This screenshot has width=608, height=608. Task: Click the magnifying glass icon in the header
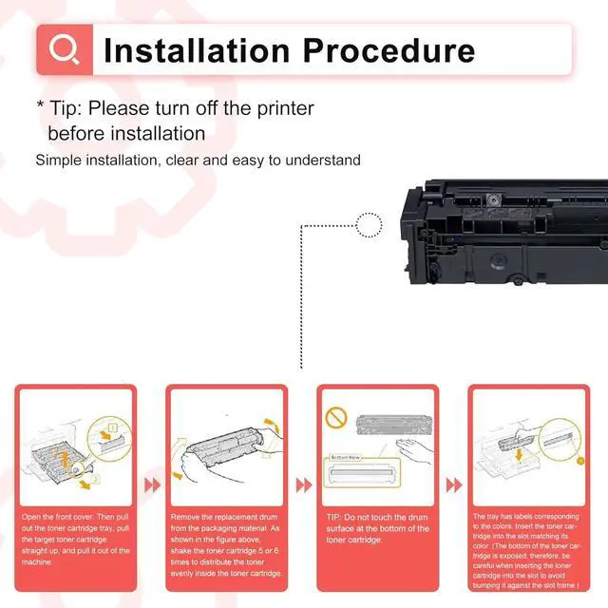65,48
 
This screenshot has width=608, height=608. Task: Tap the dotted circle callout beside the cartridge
369,225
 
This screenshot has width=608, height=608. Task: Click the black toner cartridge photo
503,233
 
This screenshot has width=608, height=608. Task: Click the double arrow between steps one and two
152,484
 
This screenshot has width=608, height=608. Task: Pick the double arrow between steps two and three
303,484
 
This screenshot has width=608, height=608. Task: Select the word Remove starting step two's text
186,516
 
